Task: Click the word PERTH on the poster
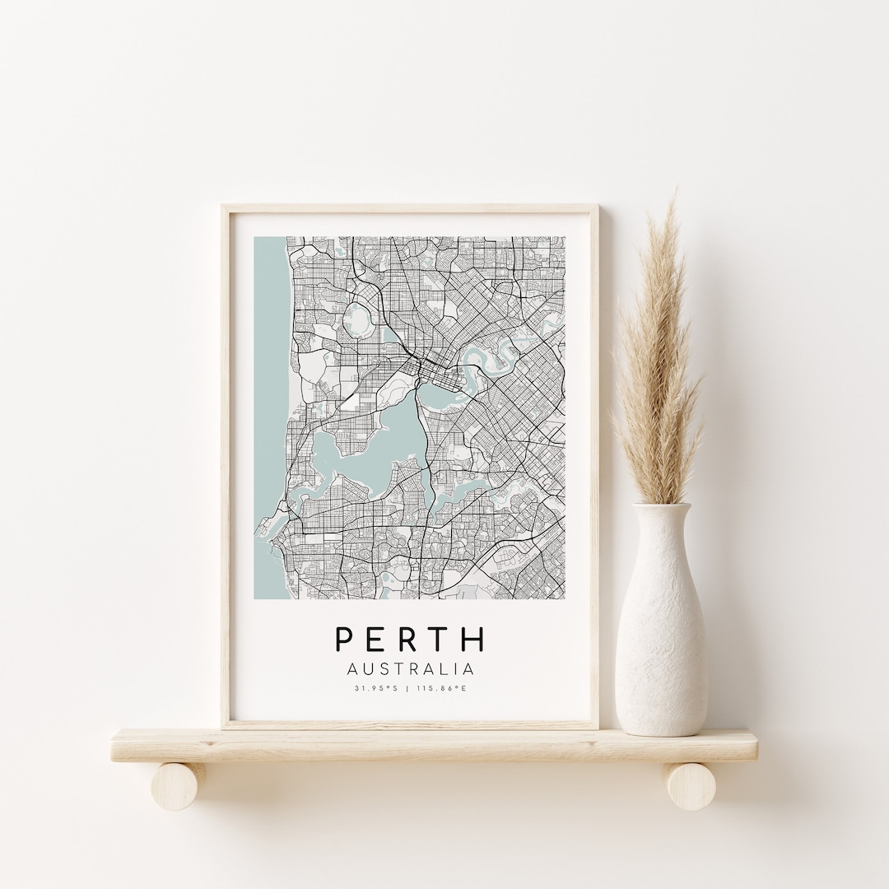[x=410, y=640]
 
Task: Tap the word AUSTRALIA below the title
[x=410, y=669]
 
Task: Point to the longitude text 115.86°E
[x=442, y=688]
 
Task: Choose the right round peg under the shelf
[x=690, y=785]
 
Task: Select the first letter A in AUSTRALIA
[x=353, y=669]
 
